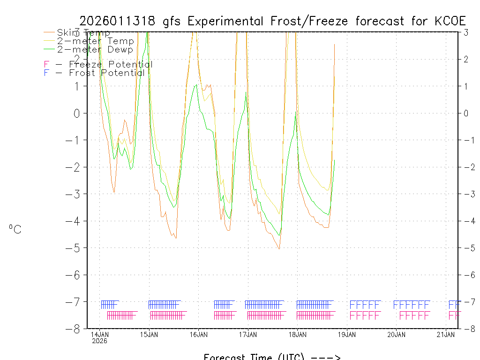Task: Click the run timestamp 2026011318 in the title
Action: tap(119, 21)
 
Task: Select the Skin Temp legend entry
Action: tap(83, 33)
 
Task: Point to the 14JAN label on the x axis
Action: tap(99, 334)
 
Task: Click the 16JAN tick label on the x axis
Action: tap(199, 334)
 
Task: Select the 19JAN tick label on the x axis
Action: tap(347, 334)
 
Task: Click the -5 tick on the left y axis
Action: tap(76, 248)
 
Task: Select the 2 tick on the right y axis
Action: tap(466, 59)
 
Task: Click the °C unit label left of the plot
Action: tap(15, 229)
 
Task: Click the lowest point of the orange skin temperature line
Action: tap(279, 249)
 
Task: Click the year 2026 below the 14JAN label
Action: tap(99, 341)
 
